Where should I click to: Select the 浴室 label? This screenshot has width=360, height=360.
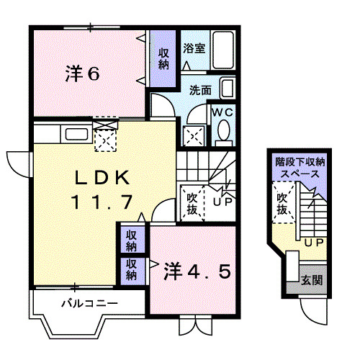click(x=194, y=50)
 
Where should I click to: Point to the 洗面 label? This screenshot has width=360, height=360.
click(x=200, y=91)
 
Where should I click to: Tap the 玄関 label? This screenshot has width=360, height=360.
click(x=311, y=279)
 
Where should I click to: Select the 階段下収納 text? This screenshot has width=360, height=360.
click(x=299, y=163)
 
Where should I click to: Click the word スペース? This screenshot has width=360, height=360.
click(x=299, y=175)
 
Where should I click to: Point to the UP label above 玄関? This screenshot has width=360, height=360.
click(x=312, y=243)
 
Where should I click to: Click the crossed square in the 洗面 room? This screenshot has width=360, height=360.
click(x=193, y=134)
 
